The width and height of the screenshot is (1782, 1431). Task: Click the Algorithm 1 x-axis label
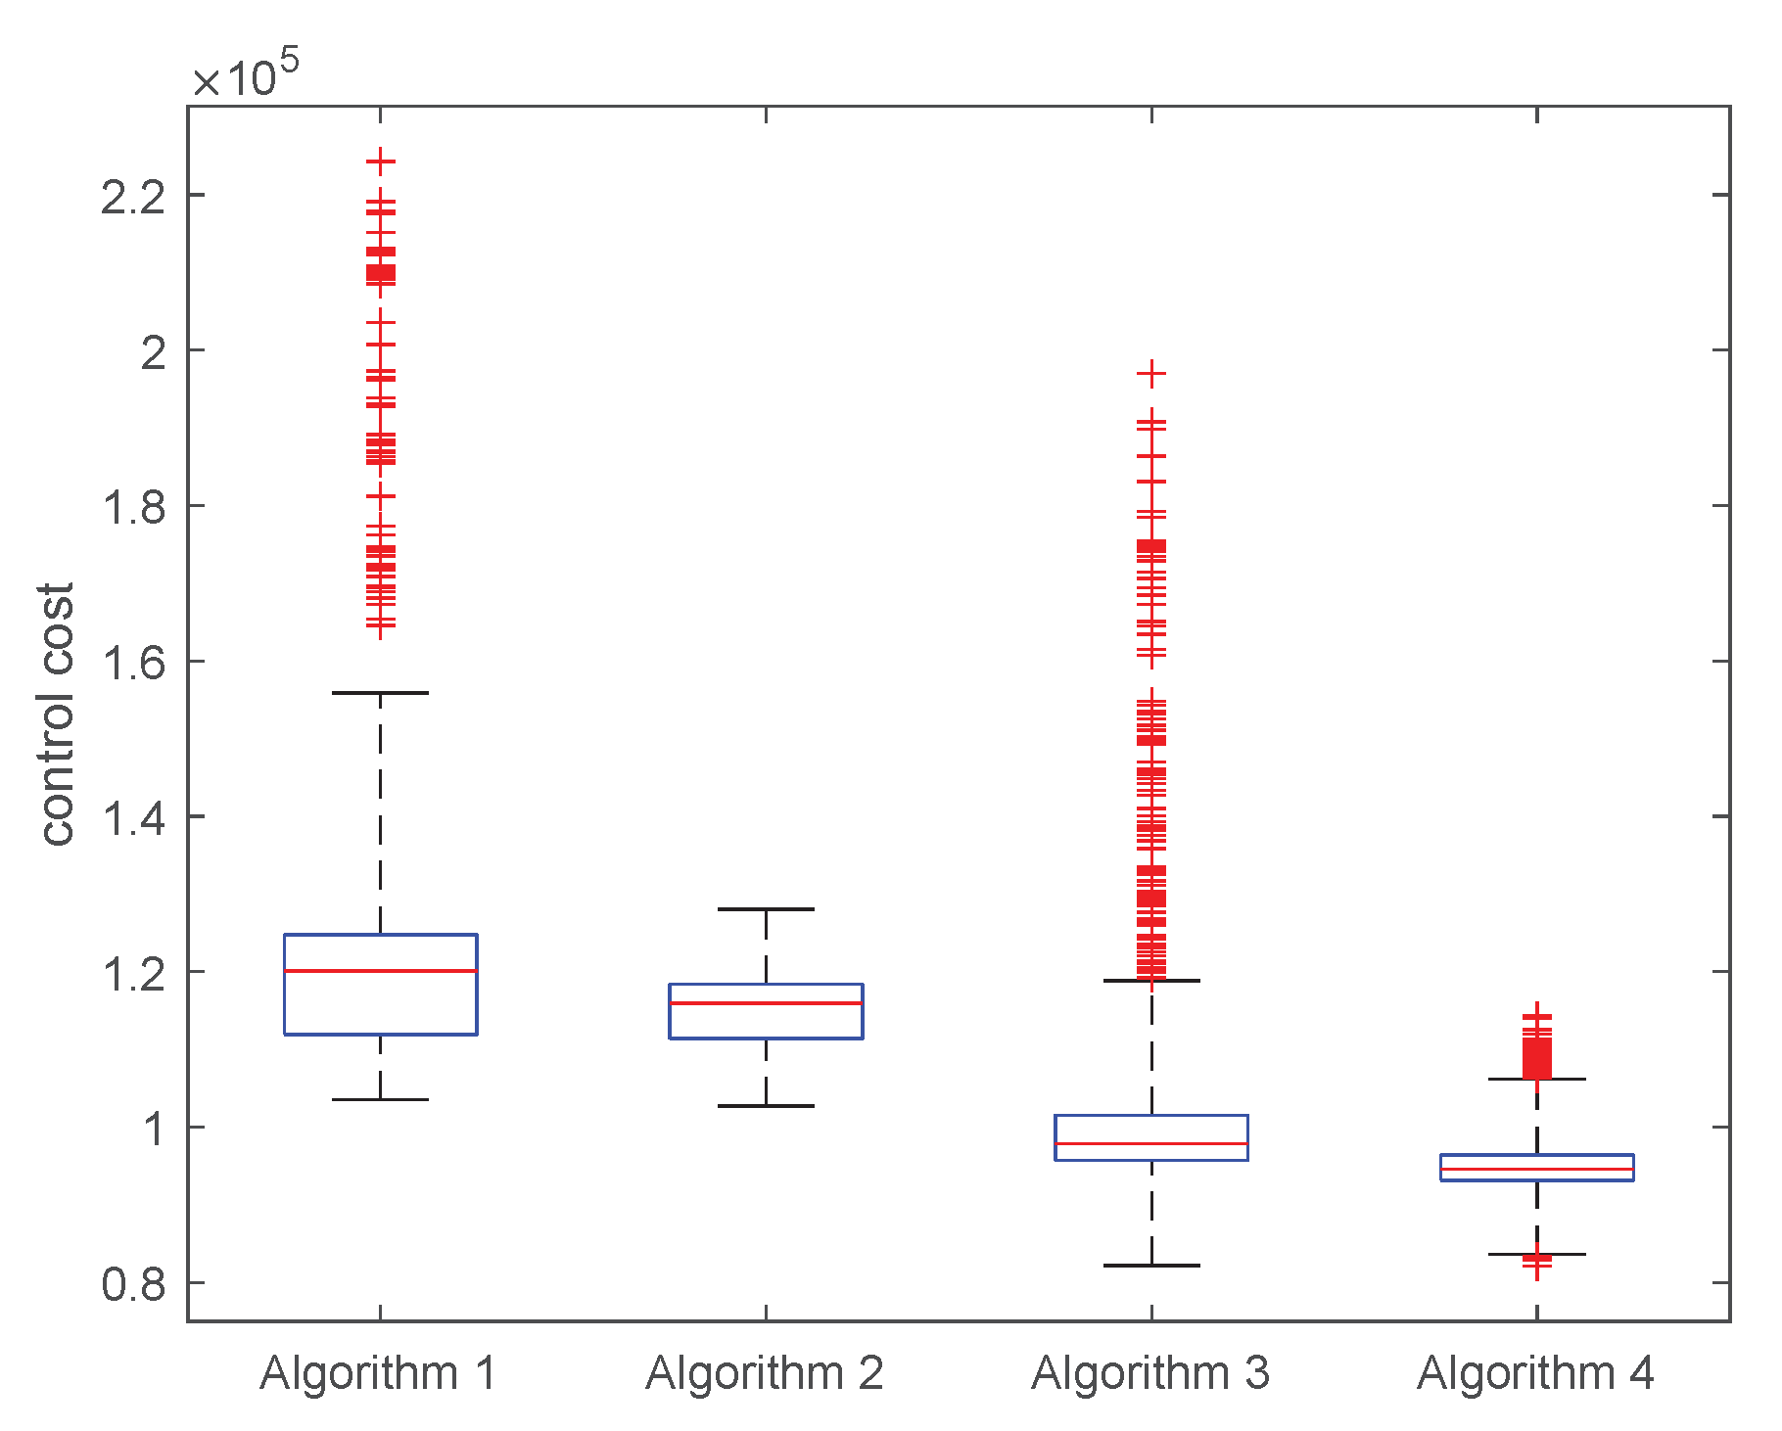[x=378, y=1373]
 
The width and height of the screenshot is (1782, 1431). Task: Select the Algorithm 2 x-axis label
[x=764, y=1373]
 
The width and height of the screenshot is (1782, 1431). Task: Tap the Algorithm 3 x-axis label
[x=1149, y=1373]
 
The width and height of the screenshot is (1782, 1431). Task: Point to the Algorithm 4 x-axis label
[x=1535, y=1373]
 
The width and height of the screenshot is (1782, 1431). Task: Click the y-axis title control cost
[x=57, y=715]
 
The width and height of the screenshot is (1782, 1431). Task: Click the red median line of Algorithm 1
[x=380, y=971]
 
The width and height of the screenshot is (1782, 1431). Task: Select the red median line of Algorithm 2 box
[x=766, y=1003]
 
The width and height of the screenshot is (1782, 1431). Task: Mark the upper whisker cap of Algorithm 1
[x=380, y=693]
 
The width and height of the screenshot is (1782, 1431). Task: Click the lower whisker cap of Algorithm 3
[x=1151, y=1266]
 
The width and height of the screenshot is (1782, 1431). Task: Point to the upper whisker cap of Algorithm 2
[x=766, y=909]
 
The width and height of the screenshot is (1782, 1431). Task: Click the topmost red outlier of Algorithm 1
[x=380, y=162]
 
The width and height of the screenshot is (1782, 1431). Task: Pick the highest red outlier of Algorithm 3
[x=1151, y=373]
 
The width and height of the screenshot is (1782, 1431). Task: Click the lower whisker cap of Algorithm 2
[x=766, y=1106]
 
